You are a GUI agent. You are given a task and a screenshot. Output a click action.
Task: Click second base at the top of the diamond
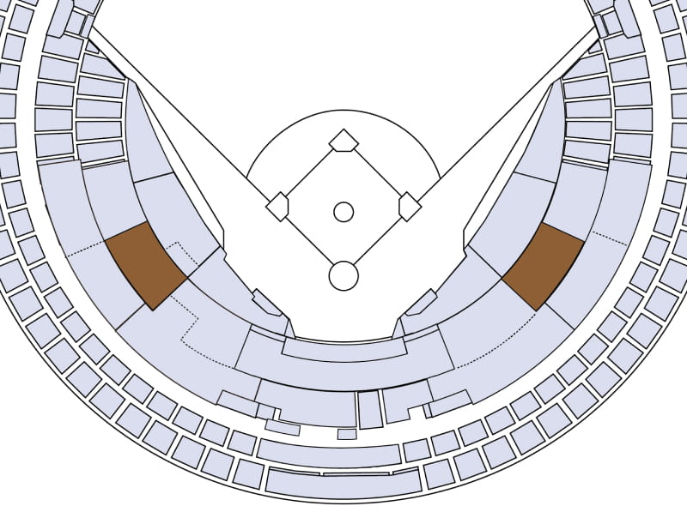[x=343, y=140]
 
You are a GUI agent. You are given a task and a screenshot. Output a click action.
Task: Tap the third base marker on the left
[x=277, y=207]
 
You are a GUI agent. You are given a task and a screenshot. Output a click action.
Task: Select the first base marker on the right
[x=410, y=207]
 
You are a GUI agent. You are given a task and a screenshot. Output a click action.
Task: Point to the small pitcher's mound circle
[x=343, y=211]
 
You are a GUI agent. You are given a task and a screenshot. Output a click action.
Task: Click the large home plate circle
[x=343, y=275]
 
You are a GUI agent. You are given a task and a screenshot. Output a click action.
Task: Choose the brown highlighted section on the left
[x=145, y=264]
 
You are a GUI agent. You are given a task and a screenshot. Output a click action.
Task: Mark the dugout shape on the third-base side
[x=266, y=303]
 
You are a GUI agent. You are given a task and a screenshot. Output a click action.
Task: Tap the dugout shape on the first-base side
[x=421, y=303]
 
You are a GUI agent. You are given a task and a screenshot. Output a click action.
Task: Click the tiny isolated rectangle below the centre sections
[x=347, y=434]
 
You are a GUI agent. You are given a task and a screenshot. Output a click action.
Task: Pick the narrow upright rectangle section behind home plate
[x=369, y=410]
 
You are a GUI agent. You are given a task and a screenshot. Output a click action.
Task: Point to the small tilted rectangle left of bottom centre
[x=282, y=426]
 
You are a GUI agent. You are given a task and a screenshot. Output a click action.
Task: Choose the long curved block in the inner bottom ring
[x=329, y=454]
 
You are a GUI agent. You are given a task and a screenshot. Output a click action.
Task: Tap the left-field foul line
[x=172, y=111]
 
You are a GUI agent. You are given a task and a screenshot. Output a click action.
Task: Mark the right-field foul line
[x=515, y=111]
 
